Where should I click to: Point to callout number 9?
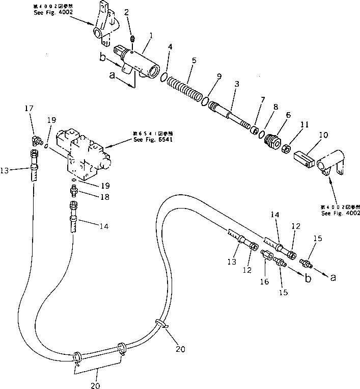click(x=218, y=77)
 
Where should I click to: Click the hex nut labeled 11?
click(x=286, y=148)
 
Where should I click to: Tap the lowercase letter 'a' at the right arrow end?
click(x=334, y=277)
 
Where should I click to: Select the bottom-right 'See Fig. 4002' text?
click(x=341, y=213)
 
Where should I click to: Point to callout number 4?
click(x=171, y=47)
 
